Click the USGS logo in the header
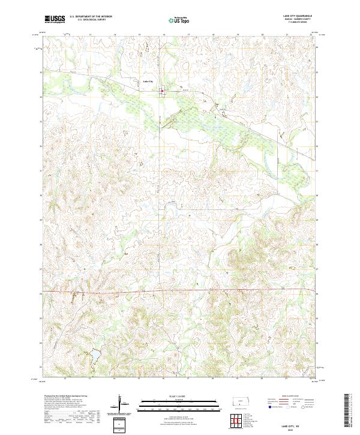tap(55, 19)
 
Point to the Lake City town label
tap(148, 81)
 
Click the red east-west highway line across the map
tap(180, 291)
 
